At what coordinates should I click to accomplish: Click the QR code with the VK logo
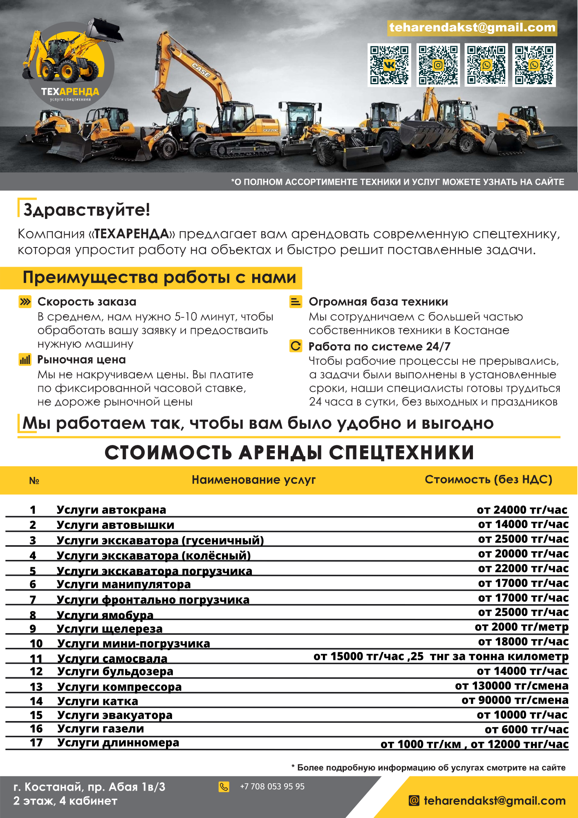[x=389, y=65]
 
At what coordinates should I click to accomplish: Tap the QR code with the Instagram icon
[x=438, y=65]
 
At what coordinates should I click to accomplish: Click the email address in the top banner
[x=472, y=27]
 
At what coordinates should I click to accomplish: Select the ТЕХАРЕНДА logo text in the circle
[x=70, y=92]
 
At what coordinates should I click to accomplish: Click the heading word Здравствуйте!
[x=87, y=209]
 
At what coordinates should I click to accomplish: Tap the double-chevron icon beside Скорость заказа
[x=25, y=302]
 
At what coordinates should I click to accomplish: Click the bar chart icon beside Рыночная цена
[x=25, y=360]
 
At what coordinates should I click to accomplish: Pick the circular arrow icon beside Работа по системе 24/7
[x=296, y=346]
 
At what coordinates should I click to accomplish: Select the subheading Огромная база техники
[x=378, y=302]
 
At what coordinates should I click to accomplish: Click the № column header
[x=34, y=481]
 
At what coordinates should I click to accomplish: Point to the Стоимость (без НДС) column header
[x=488, y=479]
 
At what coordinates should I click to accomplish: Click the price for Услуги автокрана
[x=522, y=510]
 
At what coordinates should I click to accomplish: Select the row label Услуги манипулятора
[x=123, y=584]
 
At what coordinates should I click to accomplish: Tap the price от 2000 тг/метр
[x=521, y=627]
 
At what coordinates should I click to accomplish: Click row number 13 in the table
[x=36, y=687]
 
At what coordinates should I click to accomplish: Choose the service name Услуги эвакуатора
[x=115, y=715]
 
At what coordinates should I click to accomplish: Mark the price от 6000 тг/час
[x=526, y=729]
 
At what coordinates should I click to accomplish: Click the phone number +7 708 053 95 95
[x=272, y=787]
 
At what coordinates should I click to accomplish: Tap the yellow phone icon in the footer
[x=224, y=787]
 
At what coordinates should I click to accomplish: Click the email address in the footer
[x=494, y=801]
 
